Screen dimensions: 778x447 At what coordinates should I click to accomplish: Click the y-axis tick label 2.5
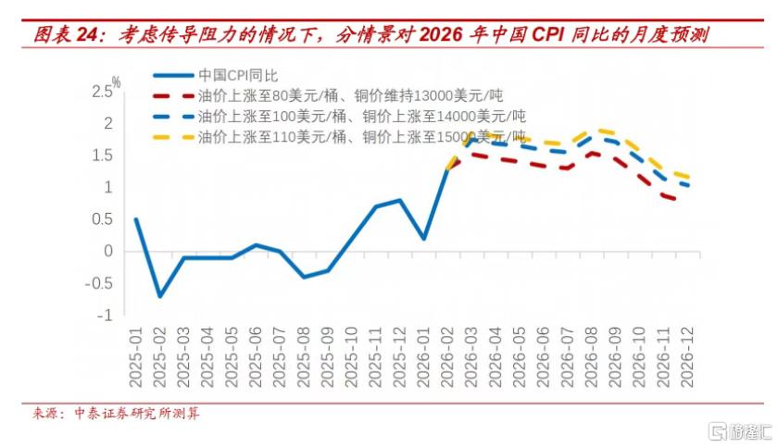[102, 92]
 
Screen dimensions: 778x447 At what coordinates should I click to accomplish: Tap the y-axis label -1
[105, 316]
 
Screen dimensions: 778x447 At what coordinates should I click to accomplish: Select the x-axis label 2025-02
[159, 357]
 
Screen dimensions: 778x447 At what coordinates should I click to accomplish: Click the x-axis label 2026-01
[423, 357]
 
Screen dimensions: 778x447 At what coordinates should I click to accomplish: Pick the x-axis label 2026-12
[686, 357]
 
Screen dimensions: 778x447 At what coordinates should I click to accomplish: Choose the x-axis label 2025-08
[304, 357]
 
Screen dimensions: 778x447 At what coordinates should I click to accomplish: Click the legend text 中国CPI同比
[238, 76]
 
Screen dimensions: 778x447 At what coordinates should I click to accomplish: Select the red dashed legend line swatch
[173, 96]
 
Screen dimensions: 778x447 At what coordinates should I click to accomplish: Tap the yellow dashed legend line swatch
[173, 137]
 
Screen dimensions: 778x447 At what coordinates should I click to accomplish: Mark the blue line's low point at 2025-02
[159, 296]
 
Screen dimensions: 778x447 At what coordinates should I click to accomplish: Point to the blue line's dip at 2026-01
[424, 239]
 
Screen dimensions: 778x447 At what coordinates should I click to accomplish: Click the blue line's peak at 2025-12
[399, 200]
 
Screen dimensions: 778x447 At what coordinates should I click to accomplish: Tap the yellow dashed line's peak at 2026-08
[600, 130]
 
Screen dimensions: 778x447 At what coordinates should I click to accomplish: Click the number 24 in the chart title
[88, 34]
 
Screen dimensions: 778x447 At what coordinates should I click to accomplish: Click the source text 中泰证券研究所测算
[137, 414]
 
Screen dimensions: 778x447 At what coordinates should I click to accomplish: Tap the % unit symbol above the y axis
[116, 81]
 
